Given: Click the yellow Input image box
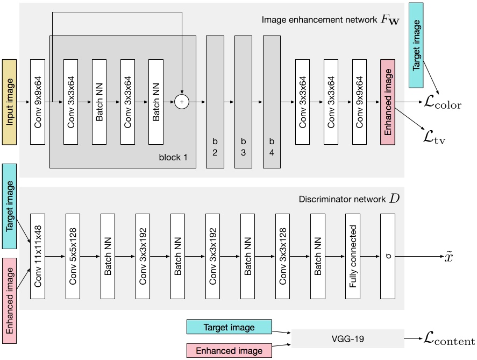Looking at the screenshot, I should (x=10, y=101).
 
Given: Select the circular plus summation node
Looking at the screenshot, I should (x=182, y=101).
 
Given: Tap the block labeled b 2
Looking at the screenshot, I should (x=215, y=101).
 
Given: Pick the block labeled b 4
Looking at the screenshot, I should (x=272, y=101).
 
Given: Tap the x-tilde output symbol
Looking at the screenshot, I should (x=449, y=257).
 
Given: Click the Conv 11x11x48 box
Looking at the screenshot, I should (x=38, y=256).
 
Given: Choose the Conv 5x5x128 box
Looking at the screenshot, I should (x=73, y=256).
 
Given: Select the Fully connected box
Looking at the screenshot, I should (x=353, y=256).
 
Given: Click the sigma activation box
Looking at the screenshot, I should (x=388, y=256).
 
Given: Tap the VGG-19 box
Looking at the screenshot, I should (x=347, y=340).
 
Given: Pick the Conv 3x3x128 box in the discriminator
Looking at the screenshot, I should (x=283, y=256).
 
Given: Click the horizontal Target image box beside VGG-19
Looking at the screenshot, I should (x=229, y=327).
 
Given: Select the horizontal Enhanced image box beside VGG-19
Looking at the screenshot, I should (x=229, y=351).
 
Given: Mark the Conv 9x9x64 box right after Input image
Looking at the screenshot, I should (x=38, y=101).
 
